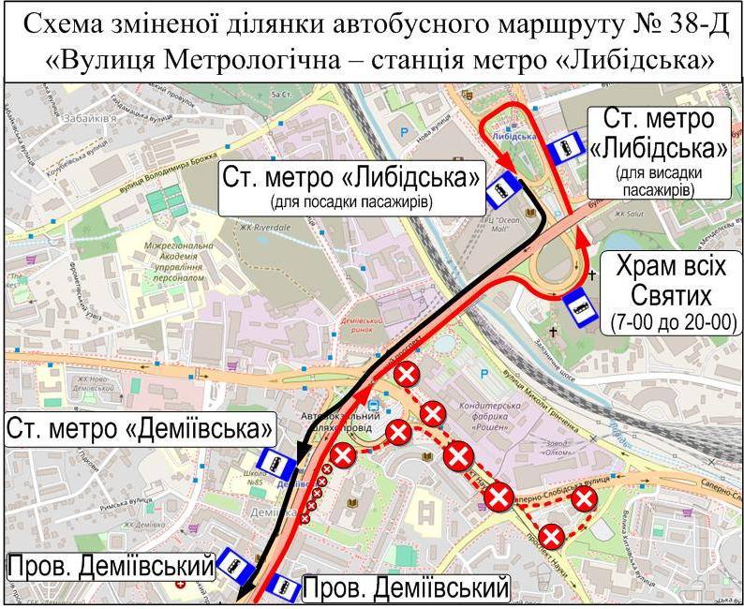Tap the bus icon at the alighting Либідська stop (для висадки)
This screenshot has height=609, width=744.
tap(562, 151)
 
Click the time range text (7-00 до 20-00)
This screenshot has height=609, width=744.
tap(673, 322)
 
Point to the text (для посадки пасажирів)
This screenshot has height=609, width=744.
tap(352, 201)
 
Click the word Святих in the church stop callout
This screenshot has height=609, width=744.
tap(672, 297)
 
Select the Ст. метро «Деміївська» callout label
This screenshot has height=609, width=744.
tap(141, 429)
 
